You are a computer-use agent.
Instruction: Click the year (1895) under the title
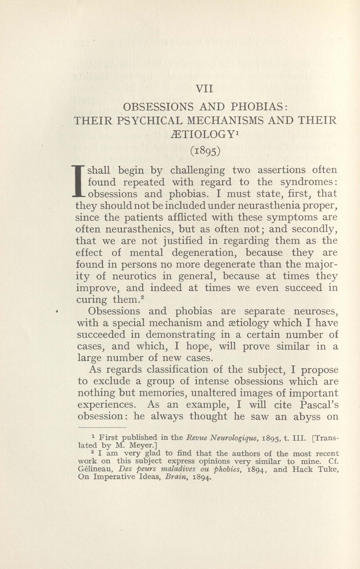tap(205, 151)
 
